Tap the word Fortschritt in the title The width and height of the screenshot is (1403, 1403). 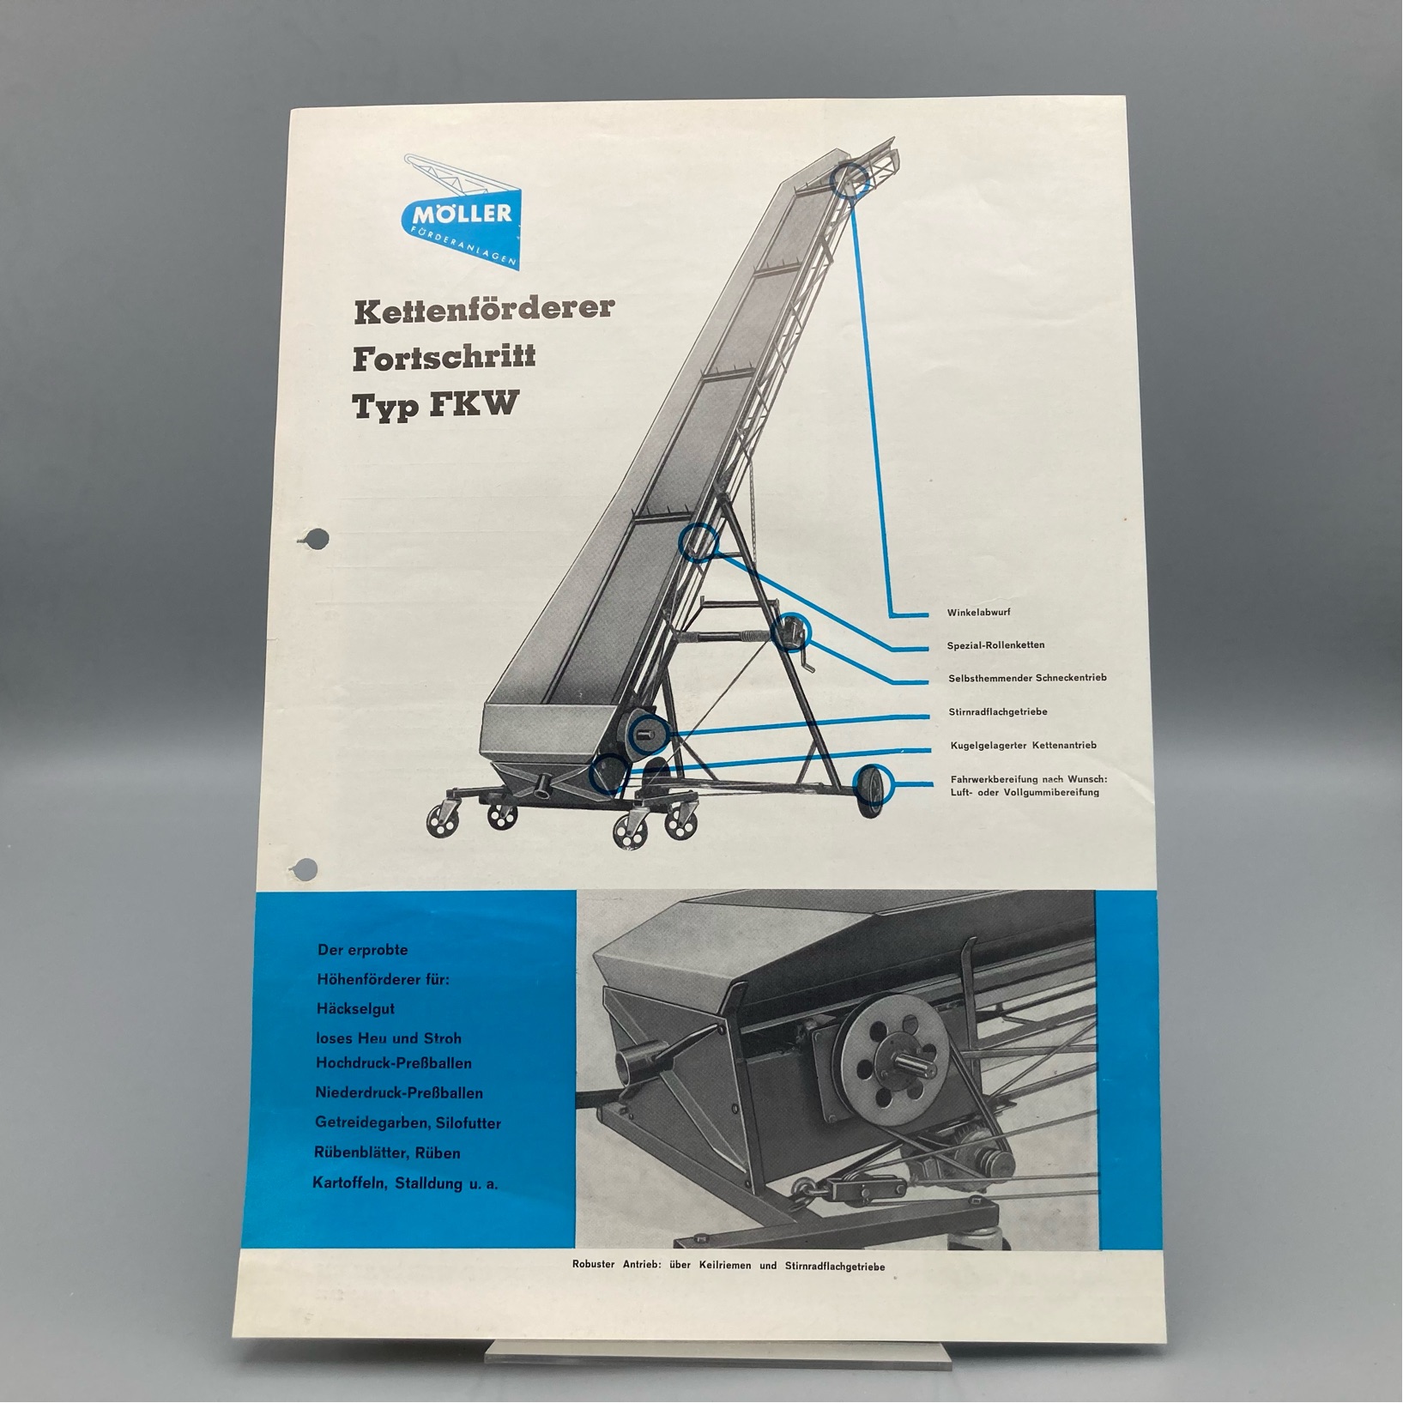444,357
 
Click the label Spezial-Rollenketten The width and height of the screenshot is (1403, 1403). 996,645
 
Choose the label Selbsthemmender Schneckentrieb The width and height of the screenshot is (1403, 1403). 1027,678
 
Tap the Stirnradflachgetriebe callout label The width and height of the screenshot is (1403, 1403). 998,712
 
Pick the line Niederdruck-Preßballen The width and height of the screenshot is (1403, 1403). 399,1092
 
